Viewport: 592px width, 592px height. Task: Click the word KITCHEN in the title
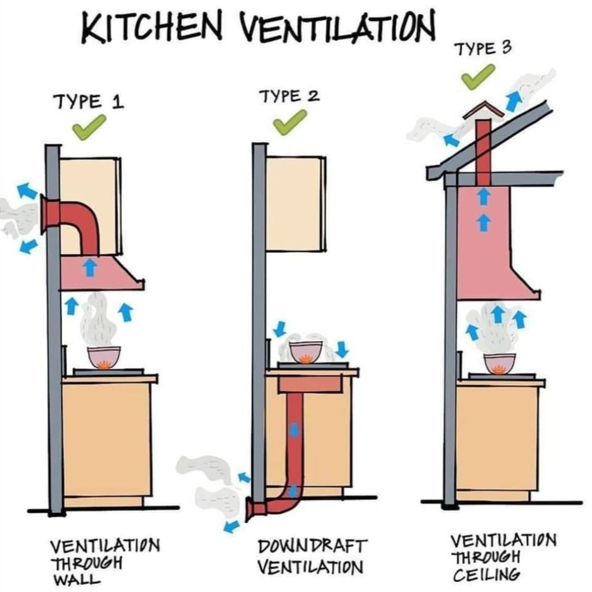point(152,28)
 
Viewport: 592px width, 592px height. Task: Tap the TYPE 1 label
point(89,102)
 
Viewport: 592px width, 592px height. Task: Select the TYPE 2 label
point(289,96)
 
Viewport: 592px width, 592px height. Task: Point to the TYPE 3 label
point(484,49)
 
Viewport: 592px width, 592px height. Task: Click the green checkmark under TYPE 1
point(89,128)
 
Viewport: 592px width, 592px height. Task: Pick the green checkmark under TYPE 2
point(289,122)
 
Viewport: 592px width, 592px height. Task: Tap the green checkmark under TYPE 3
point(477,77)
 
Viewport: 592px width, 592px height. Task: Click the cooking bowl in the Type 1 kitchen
point(104,358)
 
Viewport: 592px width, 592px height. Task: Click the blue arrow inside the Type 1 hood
point(89,267)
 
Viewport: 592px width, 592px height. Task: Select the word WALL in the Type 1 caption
point(77,579)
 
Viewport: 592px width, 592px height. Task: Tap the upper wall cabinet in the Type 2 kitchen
point(295,204)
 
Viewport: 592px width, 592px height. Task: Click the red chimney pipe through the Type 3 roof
point(483,153)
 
